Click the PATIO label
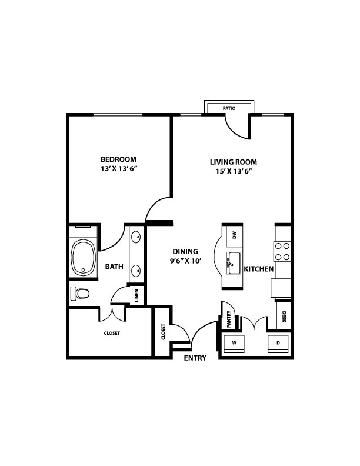coord(229,108)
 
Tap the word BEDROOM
coord(118,159)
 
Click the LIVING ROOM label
coord(234,162)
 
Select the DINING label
coord(185,252)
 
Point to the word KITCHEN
coord(259,269)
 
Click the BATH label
coord(114,267)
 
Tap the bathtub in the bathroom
coord(84,257)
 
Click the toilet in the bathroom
coord(80,294)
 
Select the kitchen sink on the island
coord(234,264)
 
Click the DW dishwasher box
coord(234,236)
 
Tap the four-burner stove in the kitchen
coord(282,251)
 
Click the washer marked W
coord(234,344)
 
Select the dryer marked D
coord(278,344)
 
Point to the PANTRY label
coord(229,319)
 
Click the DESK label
coord(284,317)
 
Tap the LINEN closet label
coord(136,296)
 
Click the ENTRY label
coord(195,358)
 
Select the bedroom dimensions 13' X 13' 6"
coord(118,169)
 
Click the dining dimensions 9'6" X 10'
coord(186,261)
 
